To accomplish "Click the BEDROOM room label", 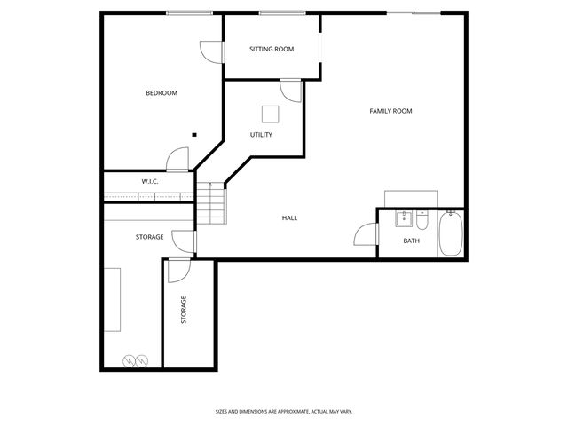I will [162, 93].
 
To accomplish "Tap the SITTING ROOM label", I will [272, 49].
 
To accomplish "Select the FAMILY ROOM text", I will [390, 111].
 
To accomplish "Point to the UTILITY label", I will [261, 135].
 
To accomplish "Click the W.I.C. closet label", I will [149, 182].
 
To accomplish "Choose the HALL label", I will [289, 217].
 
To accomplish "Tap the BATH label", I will [412, 241].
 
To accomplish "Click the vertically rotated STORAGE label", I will [184, 310].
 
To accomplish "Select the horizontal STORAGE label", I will [149, 237].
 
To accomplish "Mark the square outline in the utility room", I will [270, 113].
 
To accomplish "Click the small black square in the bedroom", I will [193, 135].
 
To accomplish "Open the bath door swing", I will [366, 234].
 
